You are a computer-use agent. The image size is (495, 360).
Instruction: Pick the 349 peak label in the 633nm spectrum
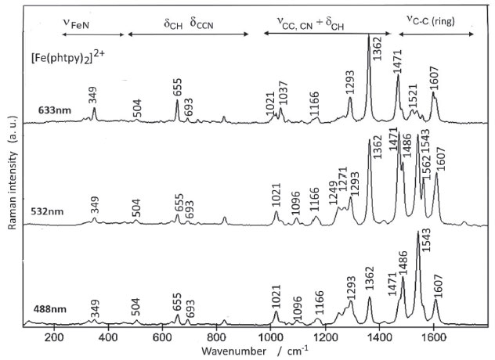pyautogui.click(x=94, y=96)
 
